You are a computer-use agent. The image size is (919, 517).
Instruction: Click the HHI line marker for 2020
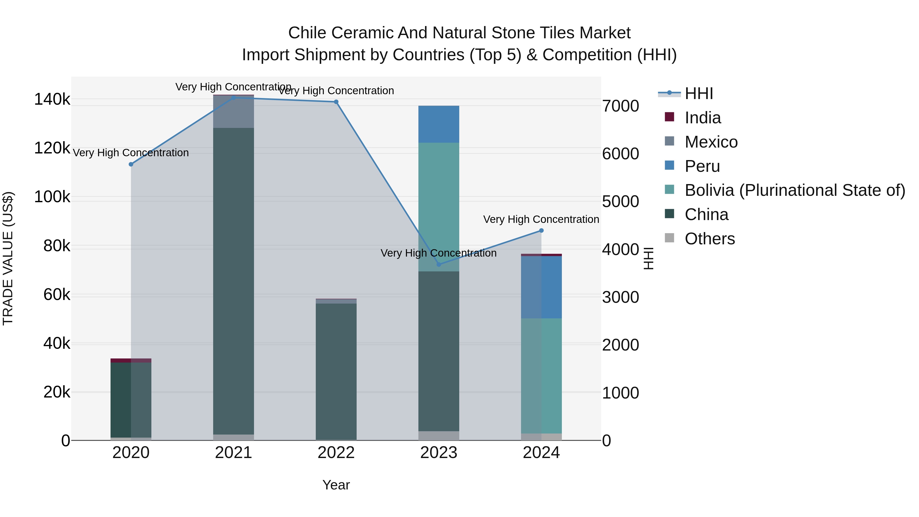[x=131, y=164]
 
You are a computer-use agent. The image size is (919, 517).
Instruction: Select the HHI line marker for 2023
[x=439, y=264]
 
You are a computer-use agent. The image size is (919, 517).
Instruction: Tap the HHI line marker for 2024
[x=541, y=231]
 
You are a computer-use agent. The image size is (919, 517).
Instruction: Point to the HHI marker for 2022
[x=336, y=102]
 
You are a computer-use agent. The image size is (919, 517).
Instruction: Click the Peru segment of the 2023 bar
[x=439, y=124]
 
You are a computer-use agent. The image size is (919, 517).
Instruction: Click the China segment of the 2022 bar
[x=336, y=371]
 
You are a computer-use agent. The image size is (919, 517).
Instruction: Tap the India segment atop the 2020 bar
[x=131, y=360]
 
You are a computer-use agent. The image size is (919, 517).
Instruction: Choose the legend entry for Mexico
[x=711, y=142]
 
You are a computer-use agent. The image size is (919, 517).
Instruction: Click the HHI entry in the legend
[x=698, y=93]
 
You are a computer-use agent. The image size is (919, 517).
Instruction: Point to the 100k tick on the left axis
[x=52, y=197]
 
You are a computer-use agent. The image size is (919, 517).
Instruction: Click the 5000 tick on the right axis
[x=620, y=202]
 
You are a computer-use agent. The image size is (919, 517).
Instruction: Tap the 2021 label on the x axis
[x=234, y=453]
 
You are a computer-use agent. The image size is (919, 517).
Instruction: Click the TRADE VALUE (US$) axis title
[x=8, y=258]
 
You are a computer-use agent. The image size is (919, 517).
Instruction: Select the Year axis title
[x=336, y=485]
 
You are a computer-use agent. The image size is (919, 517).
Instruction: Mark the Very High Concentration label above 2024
[x=541, y=219]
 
